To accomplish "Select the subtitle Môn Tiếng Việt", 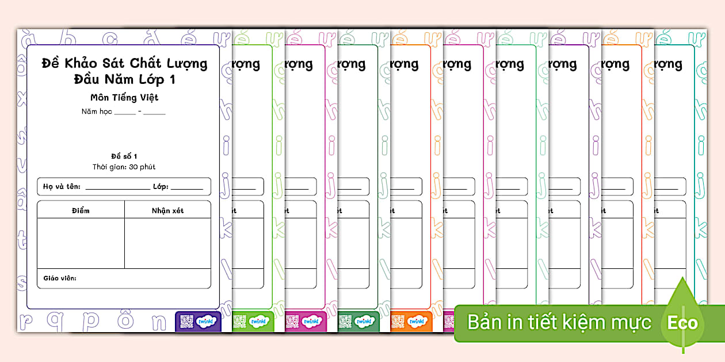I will click(124, 97).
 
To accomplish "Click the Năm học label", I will click(96, 111).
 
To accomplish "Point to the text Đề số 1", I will click(124, 156).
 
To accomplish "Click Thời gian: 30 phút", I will click(124, 167).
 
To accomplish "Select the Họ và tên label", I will click(62, 187).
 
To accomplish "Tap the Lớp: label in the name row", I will click(159, 187).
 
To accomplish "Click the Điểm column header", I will click(81, 210).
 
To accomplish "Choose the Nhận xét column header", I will click(167, 210).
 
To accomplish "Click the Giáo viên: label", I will click(60, 279).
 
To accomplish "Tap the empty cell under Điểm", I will click(81, 242).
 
